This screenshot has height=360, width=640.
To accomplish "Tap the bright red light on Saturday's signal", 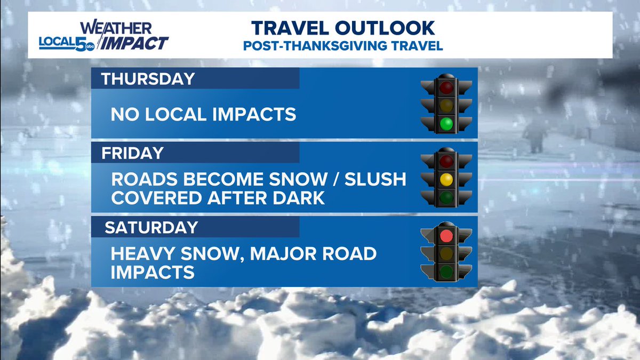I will pyautogui.click(x=446, y=235).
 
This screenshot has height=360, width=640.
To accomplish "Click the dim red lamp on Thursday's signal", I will pyautogui.click(x=446, y=86).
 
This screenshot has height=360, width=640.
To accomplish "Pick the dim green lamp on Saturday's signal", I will pyautogui.click(x=446, y=273).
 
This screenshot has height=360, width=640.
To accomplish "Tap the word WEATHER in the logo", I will pyautogui.click(x=116, y=28).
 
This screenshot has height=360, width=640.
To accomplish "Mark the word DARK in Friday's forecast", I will pyautogui.click(x=299, y=198).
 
